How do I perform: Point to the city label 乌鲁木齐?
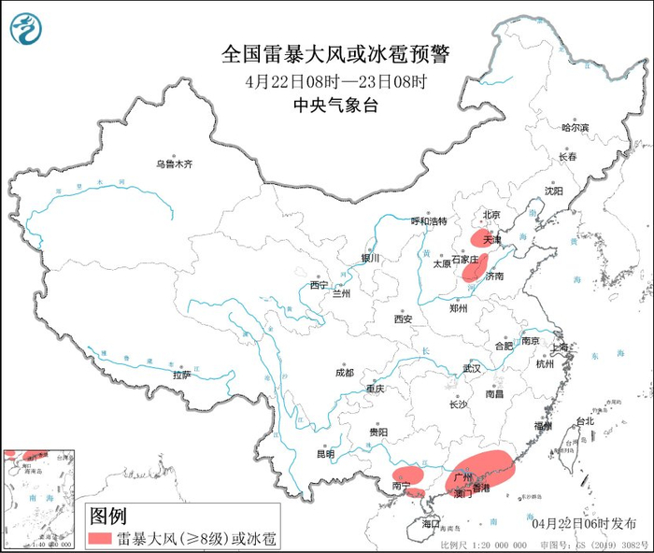pos(174,164)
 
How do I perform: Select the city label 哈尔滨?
pos(576,127)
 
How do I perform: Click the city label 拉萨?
pos(181,375)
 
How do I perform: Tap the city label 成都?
pos(344,373)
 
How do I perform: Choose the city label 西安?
pos(403,319)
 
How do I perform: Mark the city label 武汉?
pos(471,368)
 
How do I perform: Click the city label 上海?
pos(561,347)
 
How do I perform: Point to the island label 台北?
pos(584,421)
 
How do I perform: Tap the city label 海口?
pos(431,524)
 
